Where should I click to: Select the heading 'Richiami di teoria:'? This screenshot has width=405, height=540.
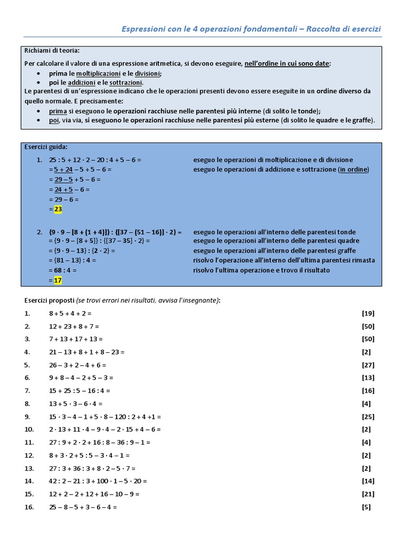point(52,51)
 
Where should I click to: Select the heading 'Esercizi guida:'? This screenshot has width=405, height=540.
point(46,147)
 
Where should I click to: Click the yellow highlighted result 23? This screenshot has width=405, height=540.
point(58,209)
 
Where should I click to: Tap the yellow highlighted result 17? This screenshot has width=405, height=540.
point(58,280)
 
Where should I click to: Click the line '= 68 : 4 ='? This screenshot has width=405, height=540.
point(63,271)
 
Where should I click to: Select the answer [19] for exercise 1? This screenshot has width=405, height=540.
point(368,313)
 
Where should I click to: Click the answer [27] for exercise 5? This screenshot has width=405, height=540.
point(368,365)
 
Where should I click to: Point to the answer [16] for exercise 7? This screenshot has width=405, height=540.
point(368,391)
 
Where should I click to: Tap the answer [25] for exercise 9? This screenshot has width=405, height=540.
point(368,417)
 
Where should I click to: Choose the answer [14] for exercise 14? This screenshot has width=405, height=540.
point(368,481)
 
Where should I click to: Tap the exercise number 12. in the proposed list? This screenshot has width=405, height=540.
point(29,456)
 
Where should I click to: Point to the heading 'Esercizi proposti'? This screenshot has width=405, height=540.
point(49,300)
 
